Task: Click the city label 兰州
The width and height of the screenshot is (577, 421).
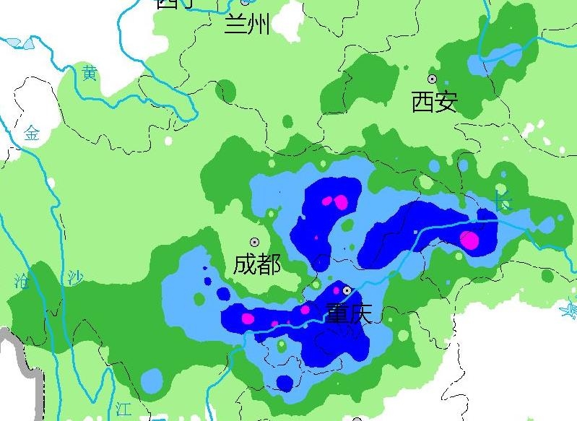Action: (x=247, y=25)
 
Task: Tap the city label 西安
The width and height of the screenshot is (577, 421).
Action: (x=434, y=102)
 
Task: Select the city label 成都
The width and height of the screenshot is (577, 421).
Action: (x=257, y=264)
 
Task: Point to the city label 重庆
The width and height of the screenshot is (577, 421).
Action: (x=348, y=313)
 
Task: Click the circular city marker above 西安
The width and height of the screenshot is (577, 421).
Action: (x=433, y=79)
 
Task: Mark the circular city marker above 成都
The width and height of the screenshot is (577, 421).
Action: (x=254, y=243)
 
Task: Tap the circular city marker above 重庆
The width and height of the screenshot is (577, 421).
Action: (x=347, y=290)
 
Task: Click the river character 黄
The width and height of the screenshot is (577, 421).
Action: (x=90, y=73)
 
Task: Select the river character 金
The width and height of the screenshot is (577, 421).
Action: (x=32, y=133)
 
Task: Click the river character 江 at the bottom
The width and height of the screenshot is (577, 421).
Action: (x=123, y=408)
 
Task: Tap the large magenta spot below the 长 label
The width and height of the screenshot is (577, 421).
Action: (x=470, y=240)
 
